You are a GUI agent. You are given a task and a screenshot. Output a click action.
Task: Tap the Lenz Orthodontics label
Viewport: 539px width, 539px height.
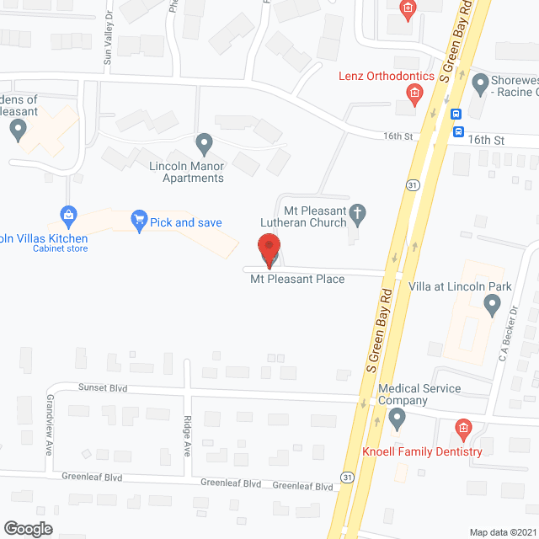pyautogui.click(x=386, y=77)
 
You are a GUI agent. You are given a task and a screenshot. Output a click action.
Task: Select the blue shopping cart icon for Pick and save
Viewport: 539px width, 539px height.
pyautogui.click(x=139, y=221)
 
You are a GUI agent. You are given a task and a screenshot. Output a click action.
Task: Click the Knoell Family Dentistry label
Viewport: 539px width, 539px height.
pyautogui.click(x=422, y=451)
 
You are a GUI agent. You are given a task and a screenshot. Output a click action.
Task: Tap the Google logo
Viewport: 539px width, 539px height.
pyautogui.click(x=28, y=528)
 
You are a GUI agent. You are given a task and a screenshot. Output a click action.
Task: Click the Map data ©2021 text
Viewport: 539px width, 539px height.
pyautogui.click(x=502, y=531)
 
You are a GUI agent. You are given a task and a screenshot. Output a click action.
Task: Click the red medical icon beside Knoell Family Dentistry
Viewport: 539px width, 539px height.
pyautogui.click(x=462, y=430)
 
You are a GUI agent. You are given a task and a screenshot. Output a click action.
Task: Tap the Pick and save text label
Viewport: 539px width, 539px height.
pyautogui.click(x=185, y=222)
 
